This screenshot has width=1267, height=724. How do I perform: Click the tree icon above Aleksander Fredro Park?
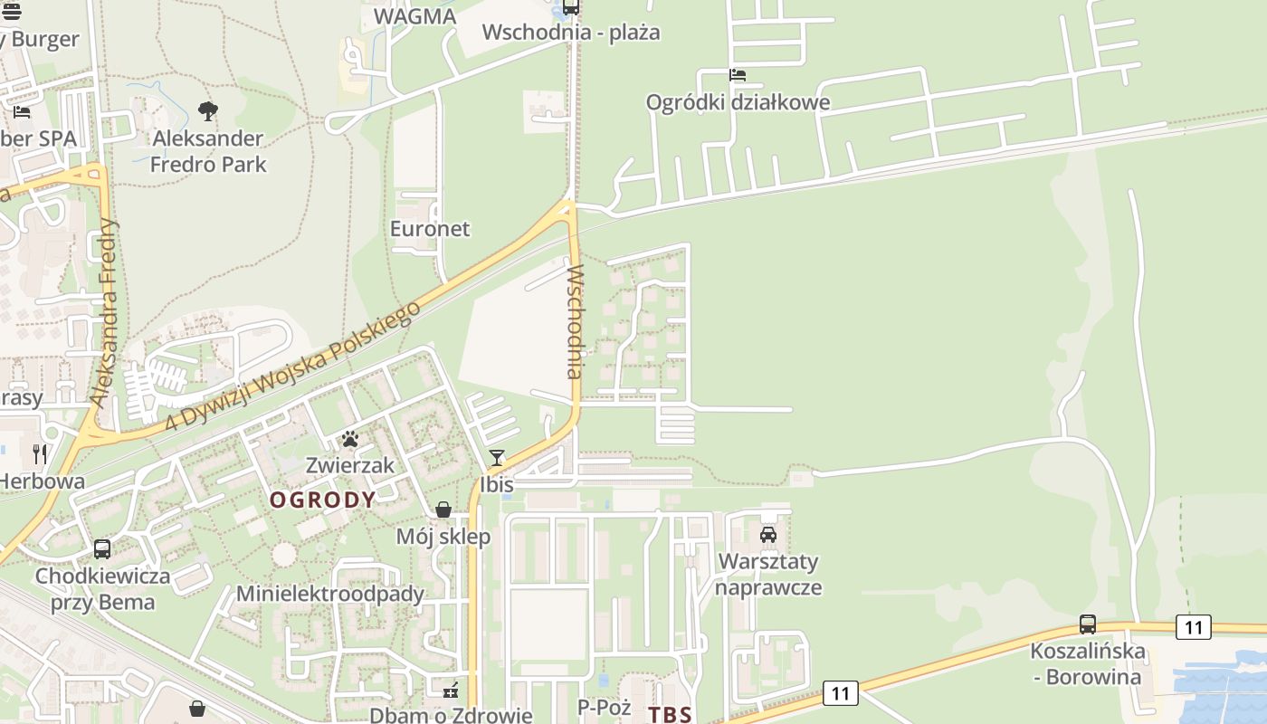pyautogui.click(x=208, y=111)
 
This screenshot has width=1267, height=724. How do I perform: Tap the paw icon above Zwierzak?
pyautogui.click(x=350, y=440)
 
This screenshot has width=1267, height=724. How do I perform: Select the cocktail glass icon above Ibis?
pyautogui.click(x=496, y=458)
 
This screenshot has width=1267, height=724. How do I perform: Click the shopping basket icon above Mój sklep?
pyautogui.click(x=443, y=510)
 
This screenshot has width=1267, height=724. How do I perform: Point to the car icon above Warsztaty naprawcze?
pyautogui.click(x=768, y=534)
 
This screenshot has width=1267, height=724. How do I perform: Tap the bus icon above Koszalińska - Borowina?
pyautogui.click(x=1087, y=624)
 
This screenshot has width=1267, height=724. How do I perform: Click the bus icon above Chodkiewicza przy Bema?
pyautogui.click(x=102, y=548)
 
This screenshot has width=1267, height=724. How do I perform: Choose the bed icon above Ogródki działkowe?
pyautogui.click(x=738, y=75)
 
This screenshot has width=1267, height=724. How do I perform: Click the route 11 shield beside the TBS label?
pyautogui.click(x=841, y=693)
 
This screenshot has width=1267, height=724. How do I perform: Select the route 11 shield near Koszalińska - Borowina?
pyautogui.click(x=1194, y=626)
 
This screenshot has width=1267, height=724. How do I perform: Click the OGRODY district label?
pyautogui.click(x=323, y=500)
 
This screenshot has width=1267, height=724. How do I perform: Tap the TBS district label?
pyautogui.click(x=670, y=714)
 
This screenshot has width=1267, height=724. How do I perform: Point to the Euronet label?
pyautogui.click(x=430, y=228)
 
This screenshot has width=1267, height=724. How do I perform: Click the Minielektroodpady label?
pyautogui.click(x=329, y=594)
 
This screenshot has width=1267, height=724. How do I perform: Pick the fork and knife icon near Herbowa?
pyautogui.click(x=40, y=453)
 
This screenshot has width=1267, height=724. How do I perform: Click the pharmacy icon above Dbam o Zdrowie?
pyautogui.click(x=450, y=691)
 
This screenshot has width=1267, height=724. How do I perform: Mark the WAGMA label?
pyautogui.click(x=414, y=16)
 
